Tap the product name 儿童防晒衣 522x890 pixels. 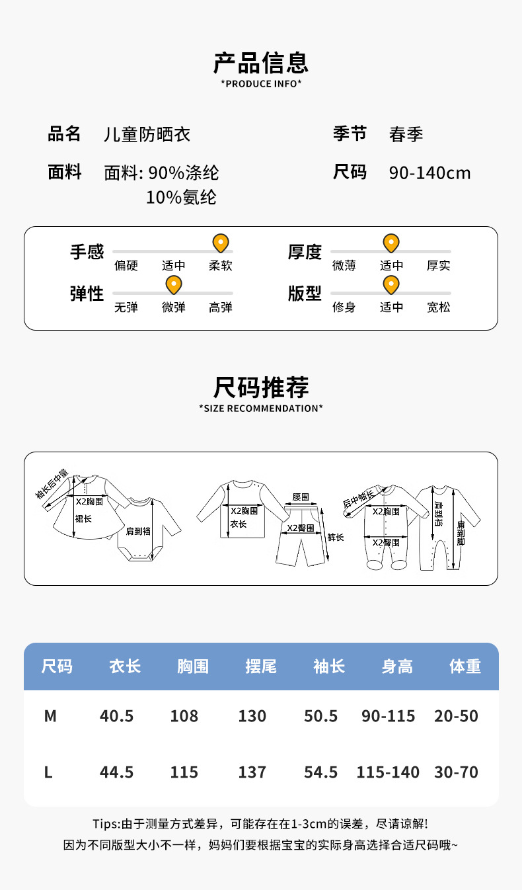147,135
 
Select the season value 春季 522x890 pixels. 406,135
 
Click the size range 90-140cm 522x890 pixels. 429,173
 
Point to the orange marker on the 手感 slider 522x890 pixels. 220,243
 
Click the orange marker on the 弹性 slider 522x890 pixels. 173,285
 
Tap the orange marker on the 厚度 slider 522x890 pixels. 391,243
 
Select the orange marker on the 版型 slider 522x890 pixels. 391,285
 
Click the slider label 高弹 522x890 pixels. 221,307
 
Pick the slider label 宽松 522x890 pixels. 438,307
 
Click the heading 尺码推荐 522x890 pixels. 260,387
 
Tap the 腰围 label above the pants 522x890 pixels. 301,497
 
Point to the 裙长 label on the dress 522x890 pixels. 83,518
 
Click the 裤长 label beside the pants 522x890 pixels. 336,538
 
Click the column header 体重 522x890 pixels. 465,667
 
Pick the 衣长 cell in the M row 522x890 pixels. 117,716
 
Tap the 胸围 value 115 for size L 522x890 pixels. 184,772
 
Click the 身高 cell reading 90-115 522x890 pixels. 389,716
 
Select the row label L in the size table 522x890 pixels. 48,772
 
